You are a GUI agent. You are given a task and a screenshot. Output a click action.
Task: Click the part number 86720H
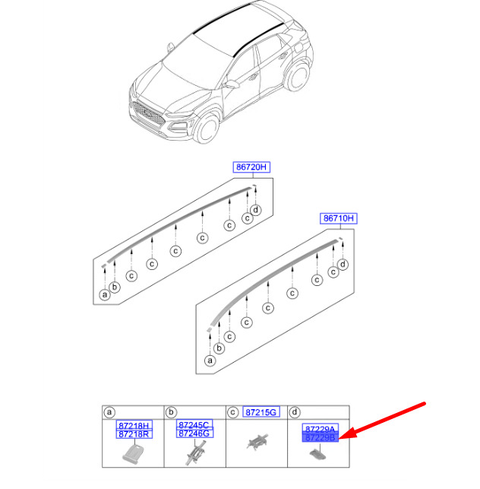pos(251,167)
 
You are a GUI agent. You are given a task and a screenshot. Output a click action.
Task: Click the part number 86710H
pos(339,218)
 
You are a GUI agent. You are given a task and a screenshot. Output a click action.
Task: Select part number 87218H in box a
pos(134,425)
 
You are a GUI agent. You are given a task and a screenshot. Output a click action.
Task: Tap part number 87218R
pos(134,434)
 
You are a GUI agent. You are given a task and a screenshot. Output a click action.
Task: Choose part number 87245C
pos(194,424)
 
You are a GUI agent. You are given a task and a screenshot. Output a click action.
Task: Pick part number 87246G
pos(194,433)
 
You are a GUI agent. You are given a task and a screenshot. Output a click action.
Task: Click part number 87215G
pos(261,412)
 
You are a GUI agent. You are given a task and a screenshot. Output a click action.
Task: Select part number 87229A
pos(321,429)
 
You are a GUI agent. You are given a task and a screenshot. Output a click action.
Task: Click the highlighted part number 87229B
pos(321,437)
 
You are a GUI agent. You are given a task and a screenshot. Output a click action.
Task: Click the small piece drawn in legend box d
pos(318,454)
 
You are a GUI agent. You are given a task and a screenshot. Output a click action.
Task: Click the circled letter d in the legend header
pos(295,412)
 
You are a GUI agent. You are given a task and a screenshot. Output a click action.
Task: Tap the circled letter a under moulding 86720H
pos(105,294)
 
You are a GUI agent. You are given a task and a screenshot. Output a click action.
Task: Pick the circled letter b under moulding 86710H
pos(219,348)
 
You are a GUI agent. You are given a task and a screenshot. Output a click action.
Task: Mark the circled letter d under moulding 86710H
pos(343,265)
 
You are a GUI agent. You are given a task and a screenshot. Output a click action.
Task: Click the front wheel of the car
pos(207,129)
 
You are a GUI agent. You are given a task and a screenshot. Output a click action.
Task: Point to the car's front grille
pos(148,113)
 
